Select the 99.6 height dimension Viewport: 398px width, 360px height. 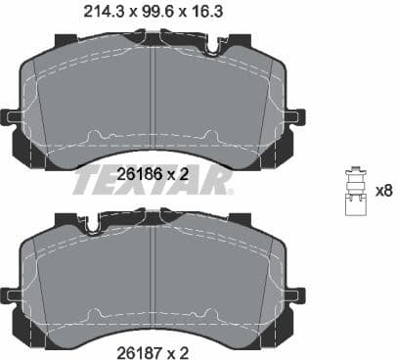click(x=155, y=13)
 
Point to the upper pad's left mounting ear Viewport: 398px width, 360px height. click(x=12, y=117)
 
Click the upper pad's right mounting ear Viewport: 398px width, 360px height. click(x=294, y=117)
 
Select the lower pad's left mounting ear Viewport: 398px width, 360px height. click(x=12, y=293)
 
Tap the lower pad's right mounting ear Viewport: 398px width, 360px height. click(x=294, y=293)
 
